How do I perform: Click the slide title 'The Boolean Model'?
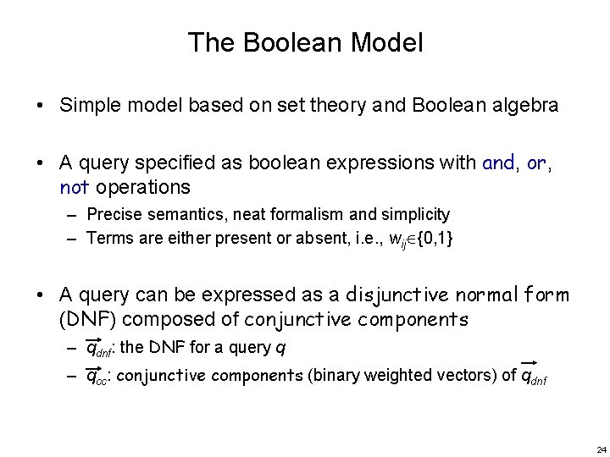coord(305,42)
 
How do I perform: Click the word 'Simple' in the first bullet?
coord(87,106)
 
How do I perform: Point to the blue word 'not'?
coord(74,186)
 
